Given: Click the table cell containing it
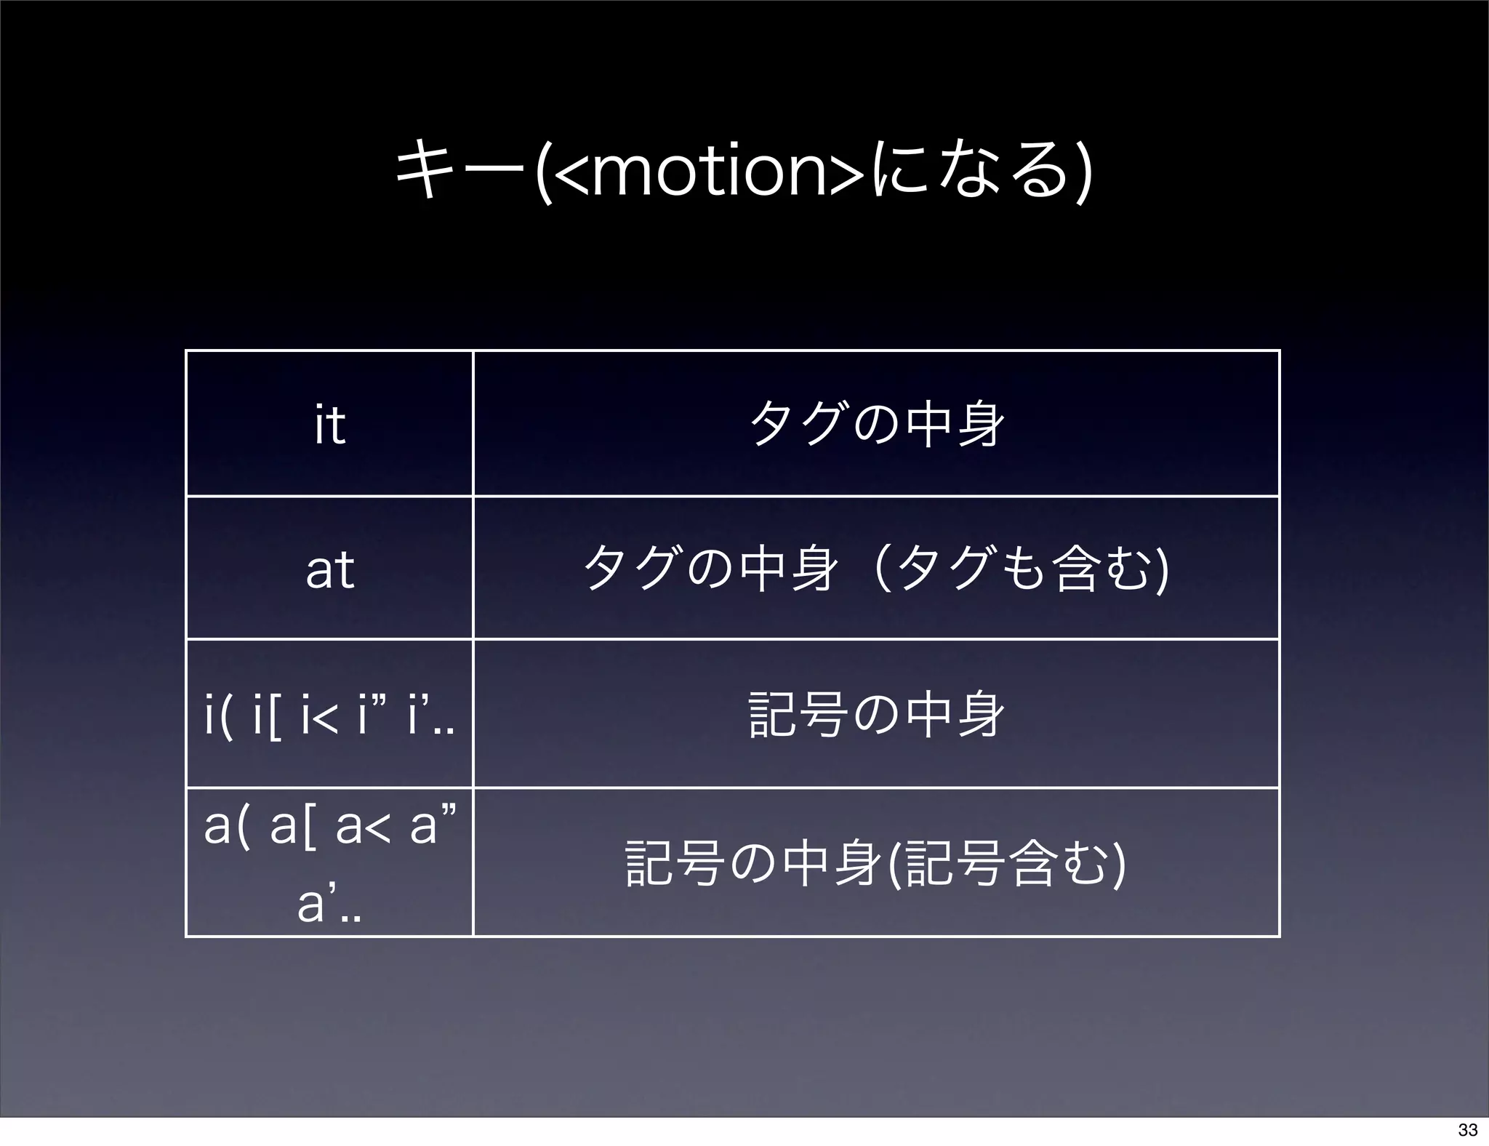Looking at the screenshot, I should [x=329, y=425].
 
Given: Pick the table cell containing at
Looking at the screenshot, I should [x=329, y=569].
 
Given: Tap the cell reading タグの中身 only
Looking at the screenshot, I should [x=876, y=425].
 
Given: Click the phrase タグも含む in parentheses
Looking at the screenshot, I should [x=1025, y=569].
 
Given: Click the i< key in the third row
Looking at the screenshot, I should [x=319, y=716].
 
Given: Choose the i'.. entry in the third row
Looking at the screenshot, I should [x=429, y=716].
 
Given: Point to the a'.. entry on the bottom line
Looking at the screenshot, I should [x=329, y=905].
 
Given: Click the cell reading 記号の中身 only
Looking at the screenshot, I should [x=876, y=716].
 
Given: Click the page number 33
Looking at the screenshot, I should [x=1467, y=1130].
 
